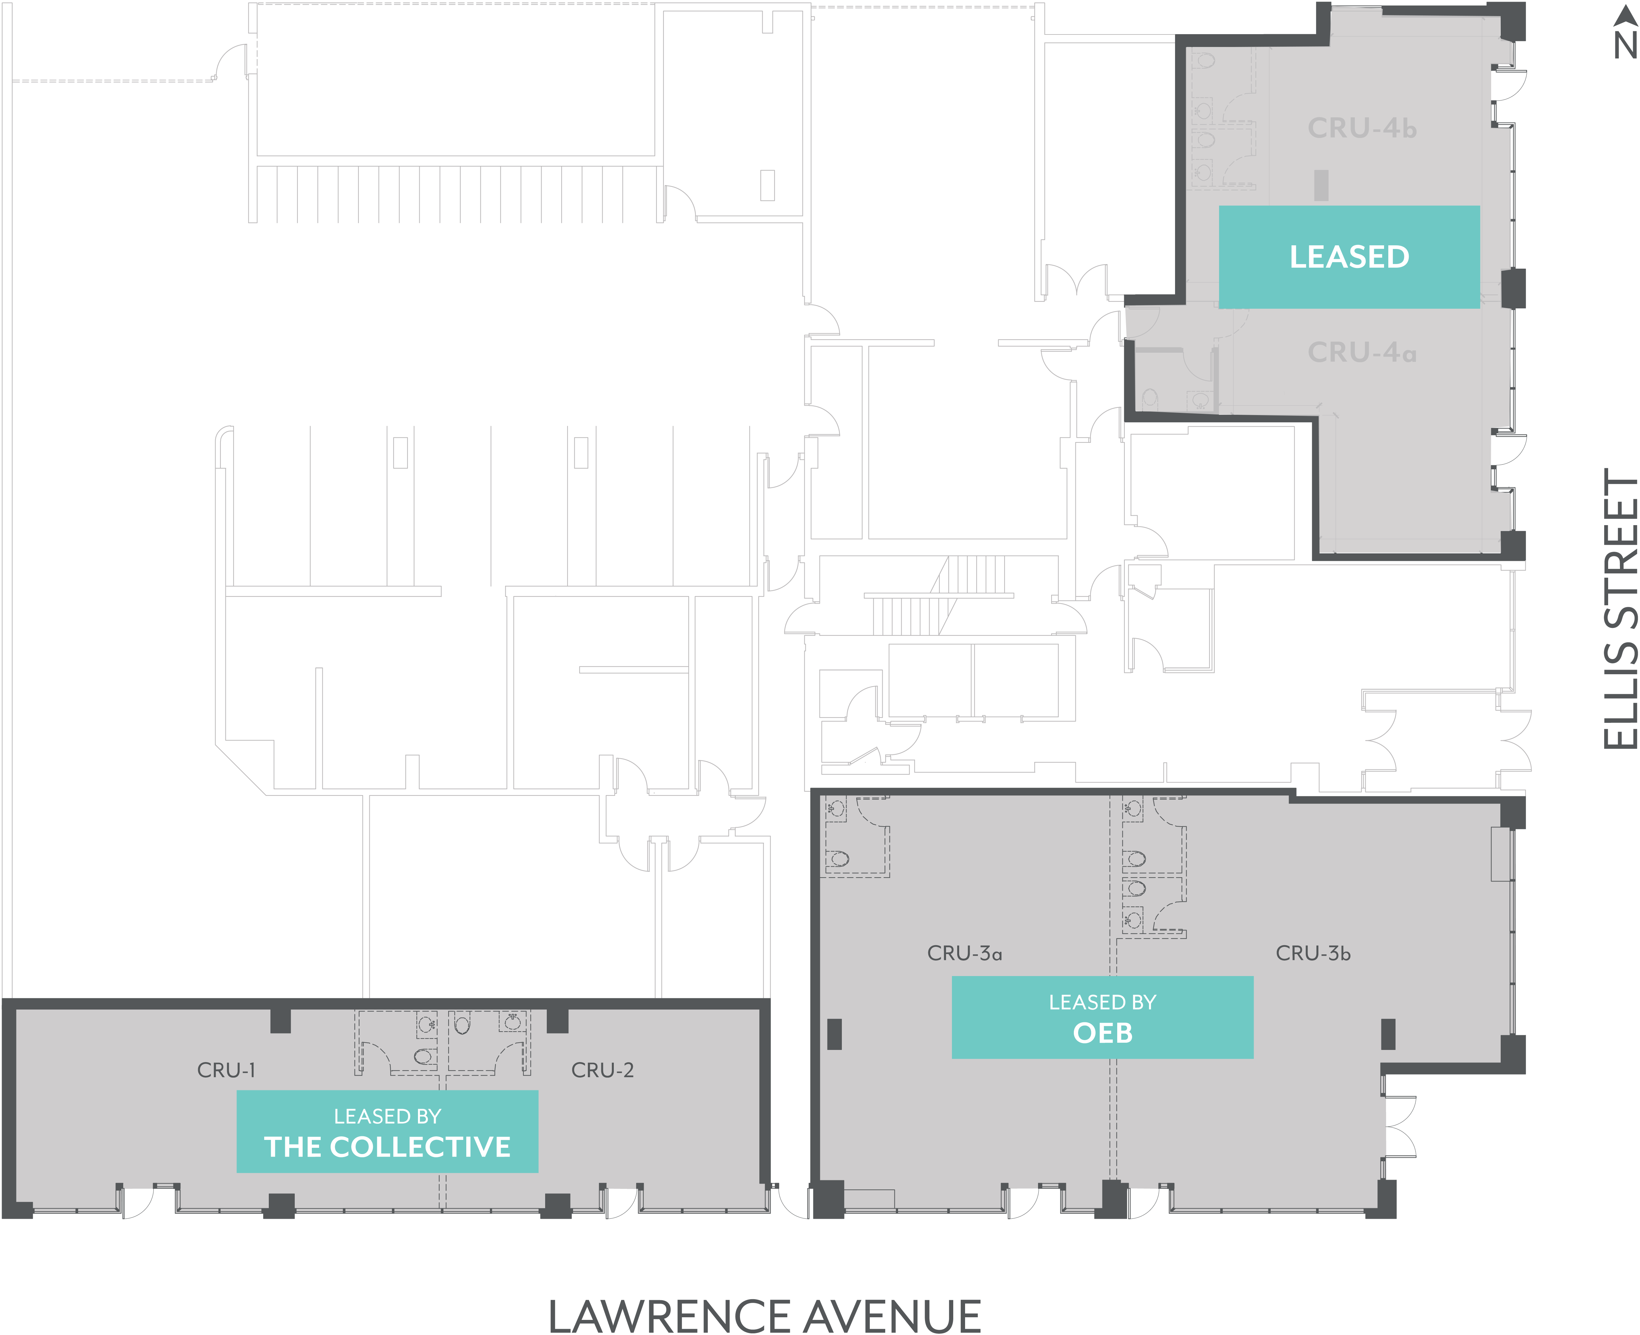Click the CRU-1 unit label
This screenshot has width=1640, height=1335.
[226, 1070]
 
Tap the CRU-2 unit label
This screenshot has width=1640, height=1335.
[602, 1070]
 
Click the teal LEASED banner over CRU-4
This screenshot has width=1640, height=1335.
[1349, 257]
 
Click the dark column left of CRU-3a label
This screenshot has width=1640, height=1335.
[835, 1034]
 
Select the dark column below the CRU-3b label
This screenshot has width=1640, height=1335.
[1388, 1034]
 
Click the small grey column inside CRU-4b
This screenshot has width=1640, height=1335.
[1321, 185]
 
